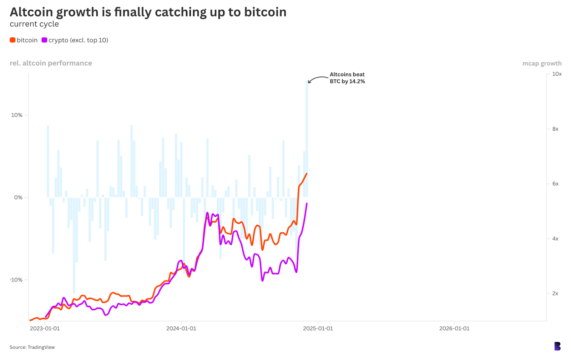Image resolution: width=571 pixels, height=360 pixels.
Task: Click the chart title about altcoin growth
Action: (148, 12)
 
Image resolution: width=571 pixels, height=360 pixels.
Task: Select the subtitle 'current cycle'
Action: (34, 24)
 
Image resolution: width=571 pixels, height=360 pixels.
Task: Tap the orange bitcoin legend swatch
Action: (12, 40)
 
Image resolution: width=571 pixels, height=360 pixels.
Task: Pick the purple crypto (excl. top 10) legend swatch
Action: (44, 40)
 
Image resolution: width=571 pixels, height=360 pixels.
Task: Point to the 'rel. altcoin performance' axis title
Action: (51, 63)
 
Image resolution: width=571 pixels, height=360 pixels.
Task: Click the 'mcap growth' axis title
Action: (542, 64)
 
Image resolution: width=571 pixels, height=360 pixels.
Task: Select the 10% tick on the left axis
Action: (17, 115)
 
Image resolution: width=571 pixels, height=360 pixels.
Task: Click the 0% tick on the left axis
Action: (18, 197)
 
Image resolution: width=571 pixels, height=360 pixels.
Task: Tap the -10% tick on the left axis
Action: (16, 280)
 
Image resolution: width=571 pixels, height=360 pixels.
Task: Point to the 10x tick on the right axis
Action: (557, 74)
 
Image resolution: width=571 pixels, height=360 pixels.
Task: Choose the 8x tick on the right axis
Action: (555, 129)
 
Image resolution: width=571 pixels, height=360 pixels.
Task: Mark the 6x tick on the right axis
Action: (555, 184)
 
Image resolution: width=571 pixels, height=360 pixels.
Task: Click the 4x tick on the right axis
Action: (555, 239)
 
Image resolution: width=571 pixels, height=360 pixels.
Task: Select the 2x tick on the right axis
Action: (555, 293)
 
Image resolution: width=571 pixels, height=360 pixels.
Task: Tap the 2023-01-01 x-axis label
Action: (45, 328)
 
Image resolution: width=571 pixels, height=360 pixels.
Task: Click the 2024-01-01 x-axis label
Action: (181, 328)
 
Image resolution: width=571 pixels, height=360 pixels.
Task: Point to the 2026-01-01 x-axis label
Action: (454, 328)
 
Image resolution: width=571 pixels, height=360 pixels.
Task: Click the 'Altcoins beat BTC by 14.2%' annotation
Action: (347, 78)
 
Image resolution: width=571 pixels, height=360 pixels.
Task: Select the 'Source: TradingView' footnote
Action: (32, 347)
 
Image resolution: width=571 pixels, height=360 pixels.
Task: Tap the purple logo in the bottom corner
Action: (557, 346)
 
